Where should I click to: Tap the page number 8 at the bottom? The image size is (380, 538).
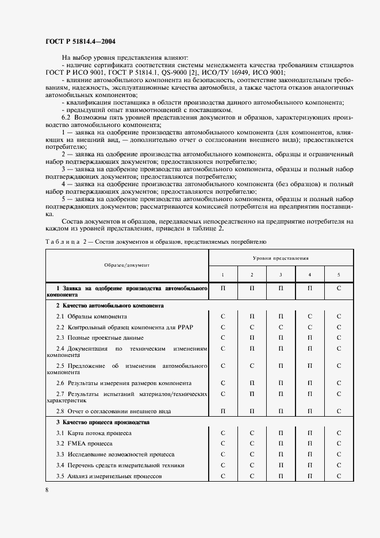pos(47,489)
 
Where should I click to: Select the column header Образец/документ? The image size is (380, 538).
pos(126,265)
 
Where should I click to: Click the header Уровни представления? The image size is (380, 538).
pos(281,259)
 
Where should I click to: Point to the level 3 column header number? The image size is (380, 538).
pos(281,275)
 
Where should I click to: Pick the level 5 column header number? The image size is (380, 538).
pos(339,275)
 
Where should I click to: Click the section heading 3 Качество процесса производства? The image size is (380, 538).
pos(94,422)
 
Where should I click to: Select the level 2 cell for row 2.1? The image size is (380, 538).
pos(252,317)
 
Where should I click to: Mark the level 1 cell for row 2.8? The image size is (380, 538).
pos(222,411)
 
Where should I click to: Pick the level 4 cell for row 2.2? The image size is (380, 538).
pos(310,327)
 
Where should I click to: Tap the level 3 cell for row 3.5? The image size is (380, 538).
pos(281,476)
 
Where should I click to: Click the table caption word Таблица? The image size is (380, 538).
pos(60,242)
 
